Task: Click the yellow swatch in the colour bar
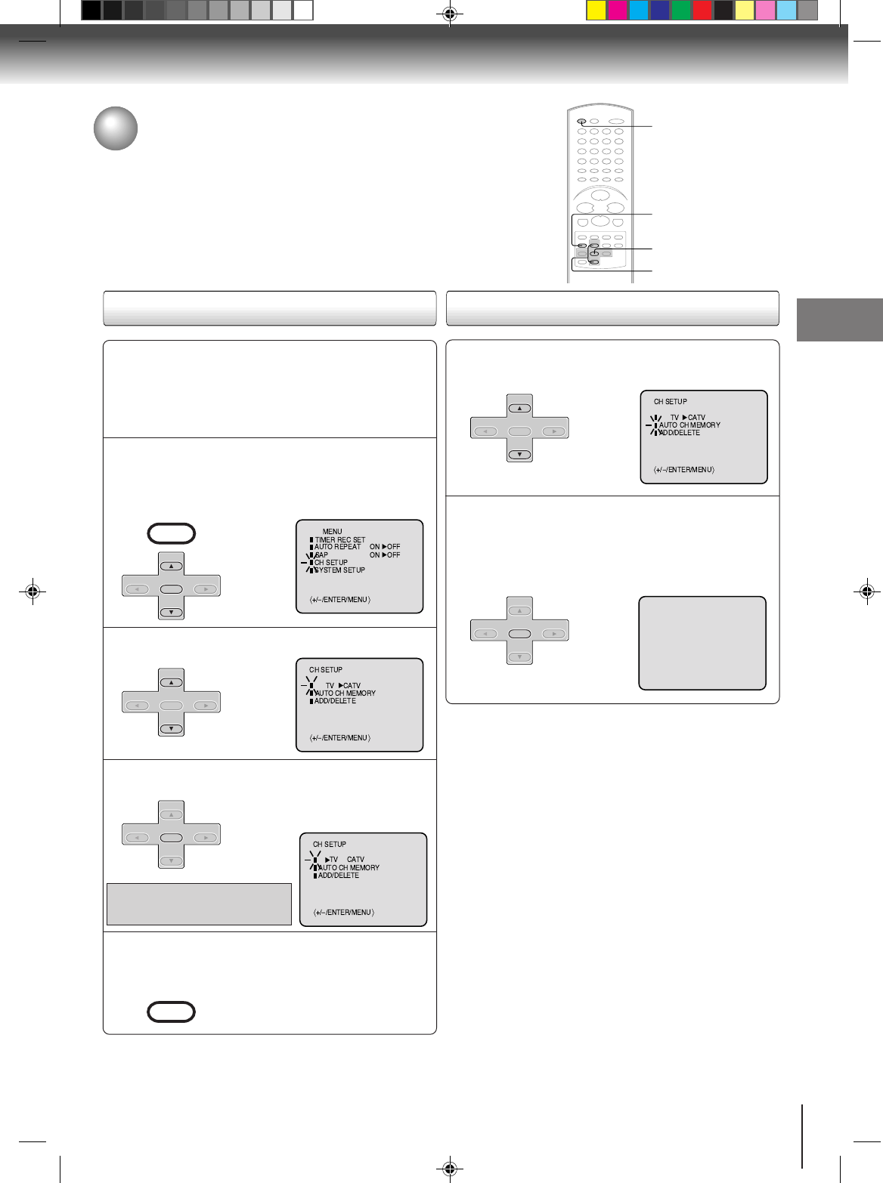pyautogui.click(x=596, y=11)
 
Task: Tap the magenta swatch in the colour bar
pyautogui.click(x=618, y=11)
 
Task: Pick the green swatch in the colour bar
pyautogui.click(x=681, y=11)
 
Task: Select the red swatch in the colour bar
pyautogui.click(x=702, y=11)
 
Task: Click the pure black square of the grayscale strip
pyautogui.click(x=91, y=11)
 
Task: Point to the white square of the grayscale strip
pyautogui.click(x=303, y=11)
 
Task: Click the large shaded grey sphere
pyautogui.click(x=116, y=128)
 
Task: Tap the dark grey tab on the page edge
pyautogui.click(x=839, y=320)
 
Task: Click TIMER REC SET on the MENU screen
pyautogui.click(x=339, y=540)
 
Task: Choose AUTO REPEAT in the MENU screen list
pyautogui.click(x=337, y=547)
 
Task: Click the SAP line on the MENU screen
pyautogui.click(x=321, y=555)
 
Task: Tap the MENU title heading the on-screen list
pyautogui.click(x=332, y=532)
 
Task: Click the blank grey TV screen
pyautogui.click(x=702, y=643)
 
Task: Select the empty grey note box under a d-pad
pyautogui.click(x=199, y=903)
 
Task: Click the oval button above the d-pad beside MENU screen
pyautogui.click(x=172, y=534)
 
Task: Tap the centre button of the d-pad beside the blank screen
pyautogui.click(x=519, y=634)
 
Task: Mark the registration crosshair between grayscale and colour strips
pyautogui.click(x=449, y=13)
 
